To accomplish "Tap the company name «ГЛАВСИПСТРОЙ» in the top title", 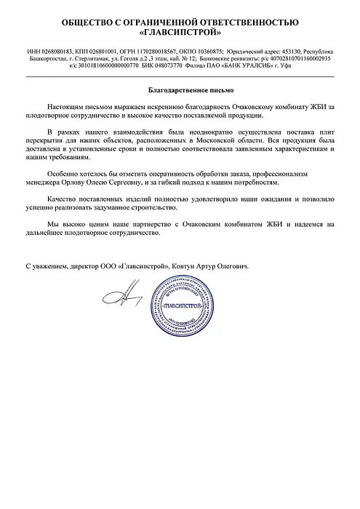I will (x=180, y=33).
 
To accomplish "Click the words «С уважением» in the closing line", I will (x=46, y=266).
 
